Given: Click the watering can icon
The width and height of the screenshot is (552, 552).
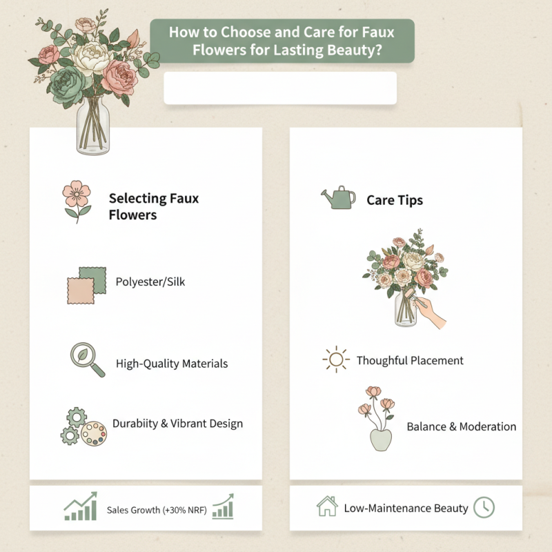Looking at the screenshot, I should [x=338, y=198].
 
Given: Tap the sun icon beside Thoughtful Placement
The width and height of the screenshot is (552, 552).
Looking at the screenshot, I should [x=336, y=360].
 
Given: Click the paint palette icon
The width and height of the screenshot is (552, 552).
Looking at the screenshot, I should [x=94, y=434].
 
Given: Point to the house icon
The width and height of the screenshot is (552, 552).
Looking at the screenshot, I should [x=326, y=507].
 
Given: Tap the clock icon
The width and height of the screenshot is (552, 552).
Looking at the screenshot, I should [x=484, y=507].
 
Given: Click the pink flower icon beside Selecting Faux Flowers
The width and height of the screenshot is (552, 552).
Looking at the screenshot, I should [x=77, y=199].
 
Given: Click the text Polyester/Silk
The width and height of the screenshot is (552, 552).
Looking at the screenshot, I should [x=150, y=282].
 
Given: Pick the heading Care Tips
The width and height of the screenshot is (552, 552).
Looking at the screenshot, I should [x=395, y=201].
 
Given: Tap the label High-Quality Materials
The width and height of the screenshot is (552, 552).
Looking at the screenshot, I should [x=172, y=363].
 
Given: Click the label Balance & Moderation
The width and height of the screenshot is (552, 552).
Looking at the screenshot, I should [x=461, y=426].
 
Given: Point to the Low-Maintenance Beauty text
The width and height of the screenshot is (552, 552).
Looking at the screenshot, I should [x=406, y=509].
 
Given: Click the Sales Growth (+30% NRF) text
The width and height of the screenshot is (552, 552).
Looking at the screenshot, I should [x=157, y=511].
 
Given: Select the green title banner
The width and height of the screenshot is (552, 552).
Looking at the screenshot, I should [x=282, y=41].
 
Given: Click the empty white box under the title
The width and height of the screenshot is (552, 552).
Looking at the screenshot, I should [x=280, y=88].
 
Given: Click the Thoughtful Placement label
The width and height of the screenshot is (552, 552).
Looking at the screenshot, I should [x=410, y=360].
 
